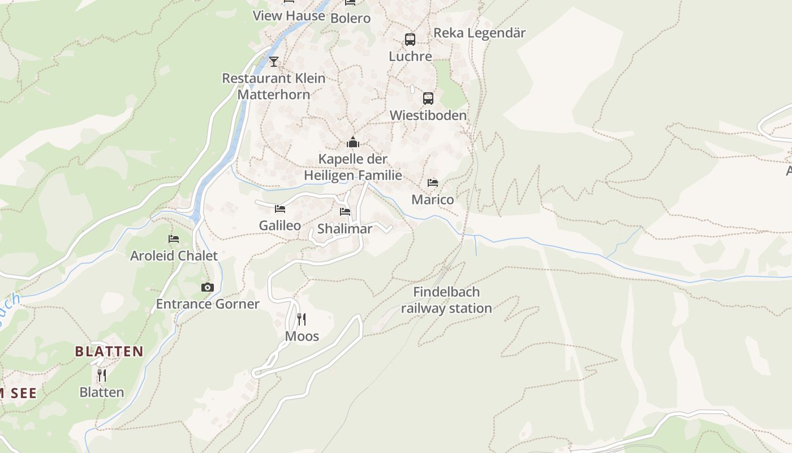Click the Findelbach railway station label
pos(446,300)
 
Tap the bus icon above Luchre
pos(410,40)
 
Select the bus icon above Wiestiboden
pos(428,99)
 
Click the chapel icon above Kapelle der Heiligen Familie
pos(353,142)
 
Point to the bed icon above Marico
pos(433,183)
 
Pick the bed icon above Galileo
pos(280,209)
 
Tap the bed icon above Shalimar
pos(345,212)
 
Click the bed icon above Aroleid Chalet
pos(174,239)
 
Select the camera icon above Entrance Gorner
pos(208,287)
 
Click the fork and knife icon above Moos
pos(302,319)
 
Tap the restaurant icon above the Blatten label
pos(102,375)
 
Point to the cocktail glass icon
pos(274,61)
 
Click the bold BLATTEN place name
pos(109,352)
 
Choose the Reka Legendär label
pos(479,33)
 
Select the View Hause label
pos(289,15)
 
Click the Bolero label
pos(350,18)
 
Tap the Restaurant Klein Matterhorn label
pos(274,86)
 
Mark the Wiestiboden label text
pos(428,116)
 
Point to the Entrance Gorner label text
pos(208,304)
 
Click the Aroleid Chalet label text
pos(174,256)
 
